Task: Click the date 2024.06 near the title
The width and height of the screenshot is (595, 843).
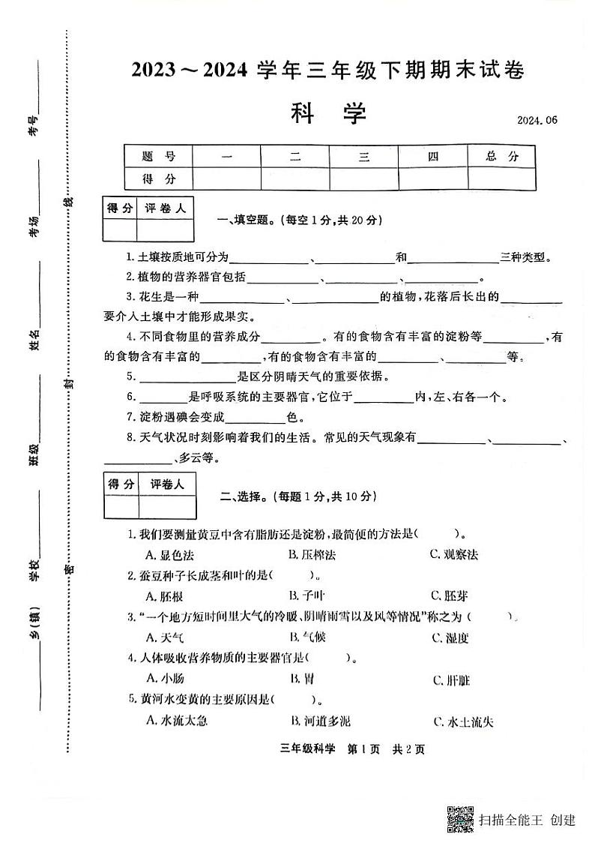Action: pyautogui.click(x=537, y=120)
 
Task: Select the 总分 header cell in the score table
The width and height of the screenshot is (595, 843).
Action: pyautogui.click(x=501, y=157)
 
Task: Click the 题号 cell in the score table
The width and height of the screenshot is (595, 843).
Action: pyautogui.click(x=158, y=157)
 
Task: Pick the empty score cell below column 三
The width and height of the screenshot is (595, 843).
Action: pyautogui.click(x=363, y=178)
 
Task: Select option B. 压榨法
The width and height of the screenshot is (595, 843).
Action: pyautogui.click(x=312, y=554)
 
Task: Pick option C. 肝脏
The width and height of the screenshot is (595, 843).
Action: pyautogui.click(x=451, y=680)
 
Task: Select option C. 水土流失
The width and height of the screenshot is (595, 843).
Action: pyautogui.click(x=462, y=721)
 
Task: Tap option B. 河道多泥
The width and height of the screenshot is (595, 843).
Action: pyautogui.click(x=320, y=721)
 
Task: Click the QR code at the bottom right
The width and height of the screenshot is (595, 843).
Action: pyautogui.click(x=460, y=818)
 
